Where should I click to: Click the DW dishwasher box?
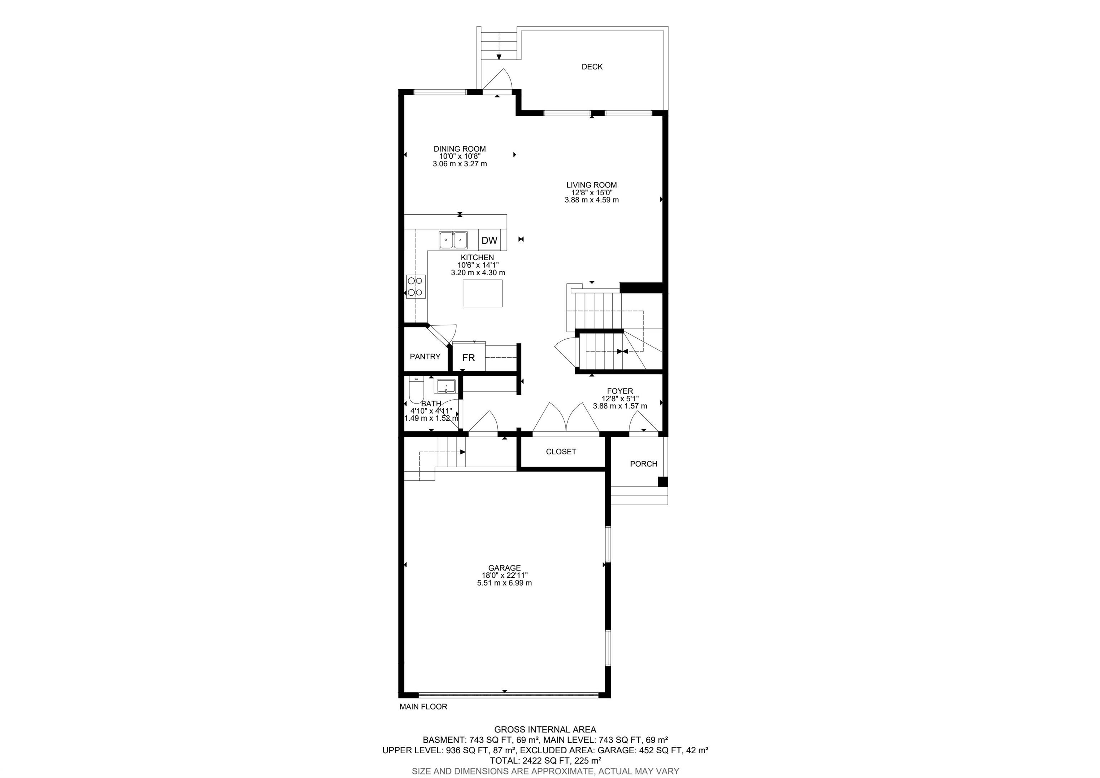point(489,240)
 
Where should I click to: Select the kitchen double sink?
point(453,240)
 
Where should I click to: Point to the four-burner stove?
point(81,287)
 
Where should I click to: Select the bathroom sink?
point(446,385)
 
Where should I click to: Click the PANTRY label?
point(425,357)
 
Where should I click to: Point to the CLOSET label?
point(561,452)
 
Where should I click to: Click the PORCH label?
point(643,464)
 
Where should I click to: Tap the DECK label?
point(592,67)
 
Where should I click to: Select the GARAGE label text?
point(505,568)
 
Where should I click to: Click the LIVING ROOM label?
point(592,185)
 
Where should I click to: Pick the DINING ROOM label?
point(460,149)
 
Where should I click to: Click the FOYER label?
point(620,391)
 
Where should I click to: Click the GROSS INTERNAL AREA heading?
point(545,730)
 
